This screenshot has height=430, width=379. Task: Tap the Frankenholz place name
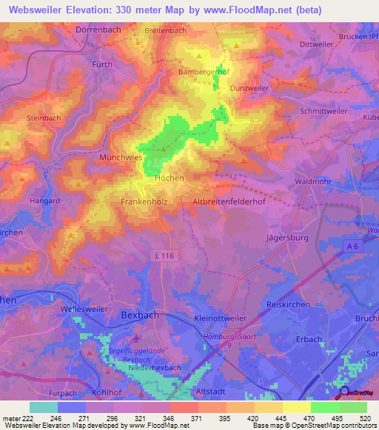(147, 201)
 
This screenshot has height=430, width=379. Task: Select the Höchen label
(169, 178)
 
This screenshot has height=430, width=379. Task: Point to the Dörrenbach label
(99, 30)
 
